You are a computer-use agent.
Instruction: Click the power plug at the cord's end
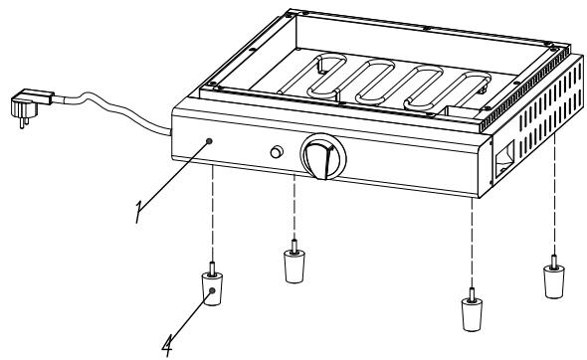26,101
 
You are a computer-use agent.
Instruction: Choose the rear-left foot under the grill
294,265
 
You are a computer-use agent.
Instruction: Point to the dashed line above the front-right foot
469,239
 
